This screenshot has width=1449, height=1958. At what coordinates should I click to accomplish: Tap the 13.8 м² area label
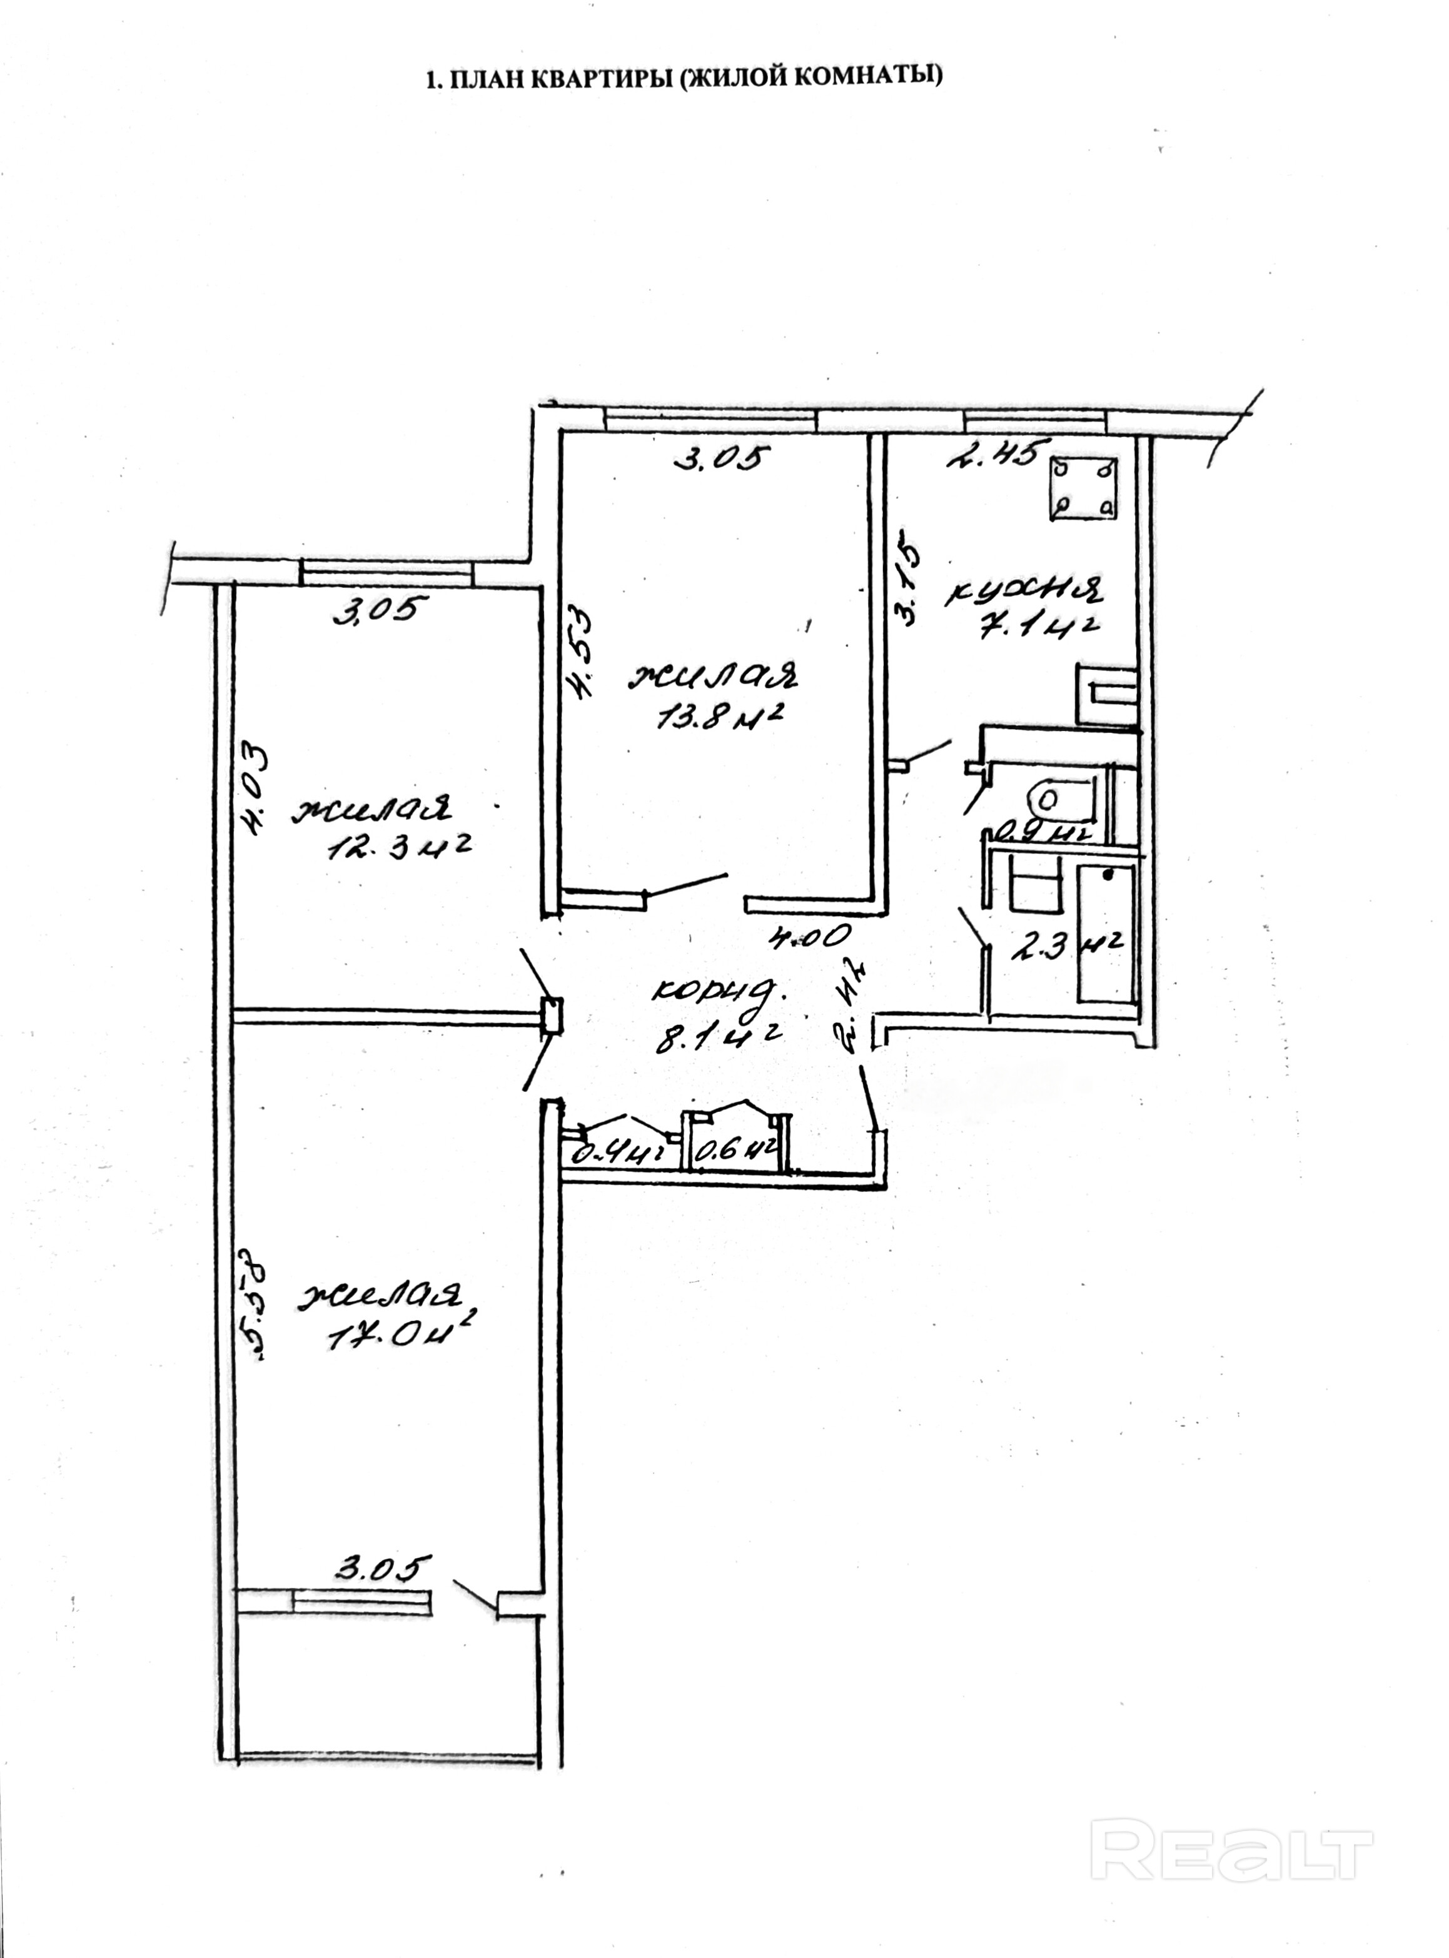pyautogui.click(x=719, y=720)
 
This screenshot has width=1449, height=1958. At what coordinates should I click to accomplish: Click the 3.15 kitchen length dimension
pyautogui.click(x=908, y=584)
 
